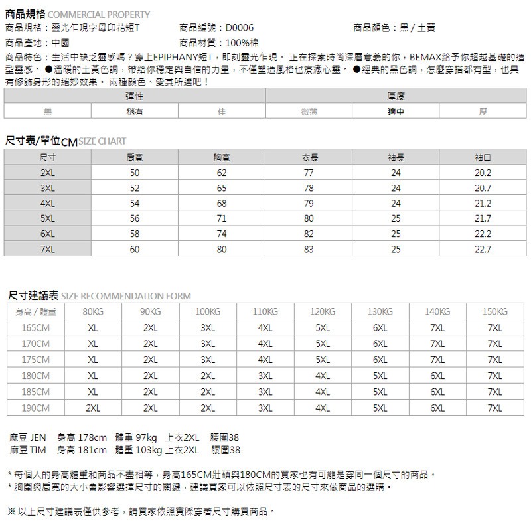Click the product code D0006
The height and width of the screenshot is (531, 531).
click(239, 28)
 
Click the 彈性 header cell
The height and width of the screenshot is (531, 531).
click(135, 97)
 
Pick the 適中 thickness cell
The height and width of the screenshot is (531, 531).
click(396, 112)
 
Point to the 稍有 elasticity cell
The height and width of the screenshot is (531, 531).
click(135, 112)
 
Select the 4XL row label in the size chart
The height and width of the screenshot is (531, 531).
click(48, 203)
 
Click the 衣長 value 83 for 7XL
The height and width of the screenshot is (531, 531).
click(309, 250)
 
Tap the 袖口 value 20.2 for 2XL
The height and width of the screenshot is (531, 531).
click(483, 173)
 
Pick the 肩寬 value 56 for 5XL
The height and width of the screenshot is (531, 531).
click(135, 218)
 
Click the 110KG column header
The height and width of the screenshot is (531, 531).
click(265, 312)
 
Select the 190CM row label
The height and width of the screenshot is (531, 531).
click(36, 408)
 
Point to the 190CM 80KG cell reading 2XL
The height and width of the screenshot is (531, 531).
click(93, 408)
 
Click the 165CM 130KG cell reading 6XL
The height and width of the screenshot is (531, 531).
click(380, 328)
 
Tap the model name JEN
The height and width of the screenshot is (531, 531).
click(39, 438)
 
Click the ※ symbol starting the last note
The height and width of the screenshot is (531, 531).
click(11, 512)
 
